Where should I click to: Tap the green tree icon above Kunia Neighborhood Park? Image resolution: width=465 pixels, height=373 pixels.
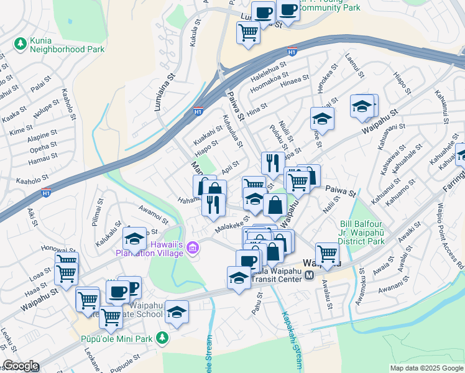point(21,44)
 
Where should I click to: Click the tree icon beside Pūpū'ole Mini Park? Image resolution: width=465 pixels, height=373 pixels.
point(162,338)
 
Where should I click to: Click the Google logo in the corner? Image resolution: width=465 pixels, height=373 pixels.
point(20,366)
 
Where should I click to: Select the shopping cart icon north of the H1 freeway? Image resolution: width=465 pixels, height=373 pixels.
point(248,33)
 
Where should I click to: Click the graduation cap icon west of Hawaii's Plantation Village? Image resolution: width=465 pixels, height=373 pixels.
point(134,239)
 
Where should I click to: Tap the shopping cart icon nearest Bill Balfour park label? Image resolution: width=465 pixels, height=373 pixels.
point(327,252)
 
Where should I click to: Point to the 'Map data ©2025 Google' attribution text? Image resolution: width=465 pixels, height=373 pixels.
point(426,368)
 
